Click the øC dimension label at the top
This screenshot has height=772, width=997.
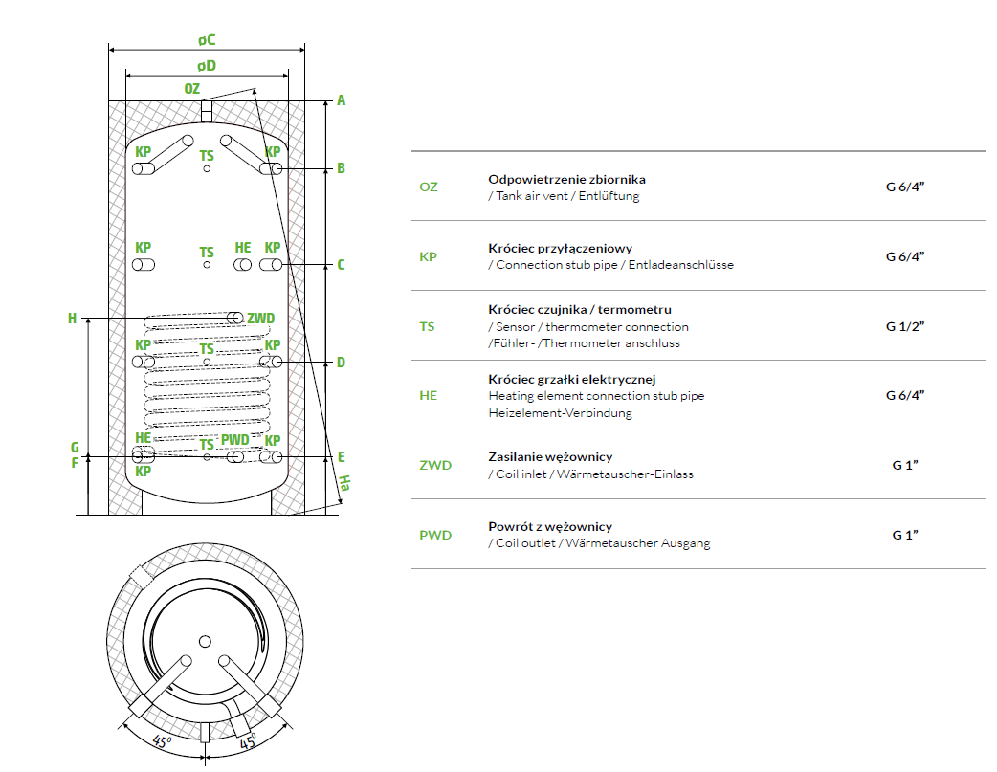coord(207,40)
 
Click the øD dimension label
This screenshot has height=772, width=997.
coord(207,66)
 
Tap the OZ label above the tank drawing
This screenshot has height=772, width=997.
coord(192,89)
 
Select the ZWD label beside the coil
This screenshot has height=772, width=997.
coord(260,318)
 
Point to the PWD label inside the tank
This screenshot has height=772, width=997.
coord(234,439)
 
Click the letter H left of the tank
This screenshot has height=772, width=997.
coord(72,319)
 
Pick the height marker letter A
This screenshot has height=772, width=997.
coord(341,100)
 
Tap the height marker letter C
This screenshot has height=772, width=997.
coord(341,265)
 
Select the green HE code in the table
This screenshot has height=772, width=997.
coord(428,395)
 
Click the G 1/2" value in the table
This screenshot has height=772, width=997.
coord(904,326)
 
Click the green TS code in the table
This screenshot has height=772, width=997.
coord(427,326)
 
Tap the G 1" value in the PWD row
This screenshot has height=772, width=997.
coord(904,535)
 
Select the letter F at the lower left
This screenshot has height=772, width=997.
coord(75,464)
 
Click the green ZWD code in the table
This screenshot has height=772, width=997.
coord(435,466)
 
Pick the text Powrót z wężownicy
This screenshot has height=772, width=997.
coord(550,526)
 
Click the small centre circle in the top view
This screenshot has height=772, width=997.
coord(205,641)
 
